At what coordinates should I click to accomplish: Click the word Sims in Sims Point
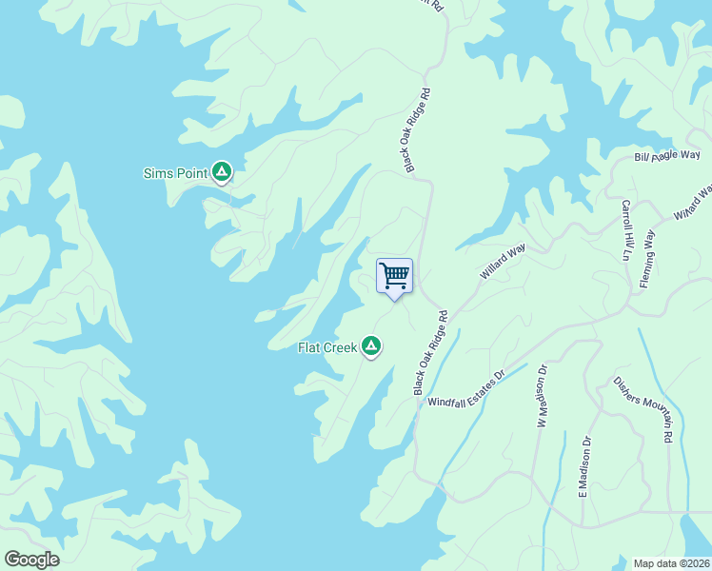pyautogui.click(x=157, y=173)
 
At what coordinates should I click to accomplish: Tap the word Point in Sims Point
pyautogui.click(x=189, y=173)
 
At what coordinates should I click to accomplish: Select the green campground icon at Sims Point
pyautogui.click(x=222, y=172)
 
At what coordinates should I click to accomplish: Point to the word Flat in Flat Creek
pyautogui.click(x=310, y=347)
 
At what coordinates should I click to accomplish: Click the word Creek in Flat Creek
pyautogui.click(x=341, y=347)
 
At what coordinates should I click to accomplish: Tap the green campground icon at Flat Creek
pyautogui.click(x=371, y=346)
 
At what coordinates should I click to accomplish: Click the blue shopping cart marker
pyautogui.click(x=394, y=277)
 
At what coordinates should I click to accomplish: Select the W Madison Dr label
pyautogui.click(x=543, y=395)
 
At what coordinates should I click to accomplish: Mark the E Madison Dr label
pyautogui.click(x=584, y=467)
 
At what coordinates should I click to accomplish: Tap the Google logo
pyautogui.click(x=31, y=560)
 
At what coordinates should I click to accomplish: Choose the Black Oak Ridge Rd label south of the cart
pyautogui.click(x=430, y=352)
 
